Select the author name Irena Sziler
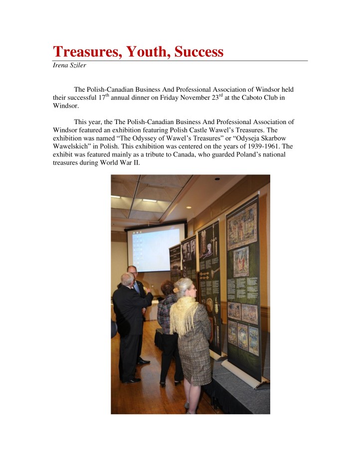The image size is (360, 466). pyautogui.click(x=70, y=65)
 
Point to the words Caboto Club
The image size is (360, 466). pyautogui.click(x=261, y=98)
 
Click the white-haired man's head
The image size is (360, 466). pyautogui.click(x=127, y=279)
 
